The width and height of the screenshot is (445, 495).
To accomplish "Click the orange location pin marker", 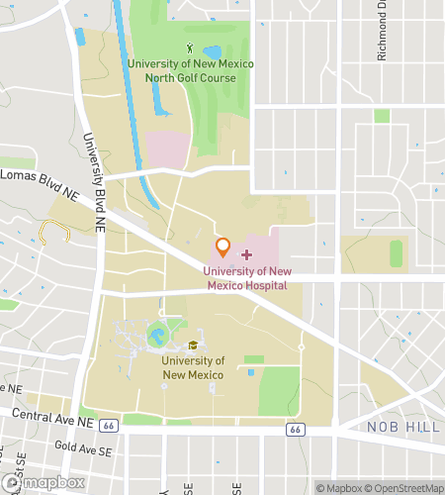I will click(223, 246).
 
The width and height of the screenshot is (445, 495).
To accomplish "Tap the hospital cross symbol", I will click(246, 255).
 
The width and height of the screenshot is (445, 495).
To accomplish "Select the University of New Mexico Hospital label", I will click(247, 278).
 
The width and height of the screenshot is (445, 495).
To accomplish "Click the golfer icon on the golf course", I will click(190, 47).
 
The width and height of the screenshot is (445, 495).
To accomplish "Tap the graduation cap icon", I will click(193, 346).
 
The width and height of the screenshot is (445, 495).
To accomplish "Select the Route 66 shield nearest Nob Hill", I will click(295, 431).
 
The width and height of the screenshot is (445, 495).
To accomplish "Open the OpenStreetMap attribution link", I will click(404, 487).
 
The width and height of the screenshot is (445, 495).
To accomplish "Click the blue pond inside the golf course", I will click(212, 51).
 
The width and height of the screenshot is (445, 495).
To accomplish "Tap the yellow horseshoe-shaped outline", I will click(54, 233).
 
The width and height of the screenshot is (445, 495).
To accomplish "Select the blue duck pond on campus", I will click(157, 337).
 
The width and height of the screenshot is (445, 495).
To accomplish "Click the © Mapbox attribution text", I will click(339, 487).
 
